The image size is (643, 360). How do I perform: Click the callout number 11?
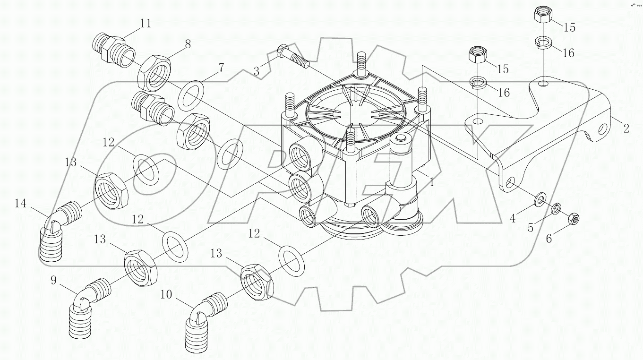click(146, 23)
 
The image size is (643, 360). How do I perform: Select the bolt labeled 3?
click(293, 55)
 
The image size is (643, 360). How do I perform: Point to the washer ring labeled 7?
click(192, 95)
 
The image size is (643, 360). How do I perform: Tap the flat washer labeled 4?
click(540, 199)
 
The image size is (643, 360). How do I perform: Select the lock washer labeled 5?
click(557, 208)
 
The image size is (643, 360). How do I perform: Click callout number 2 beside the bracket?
click(626, 128)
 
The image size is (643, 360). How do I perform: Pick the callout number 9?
click(54, 281)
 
